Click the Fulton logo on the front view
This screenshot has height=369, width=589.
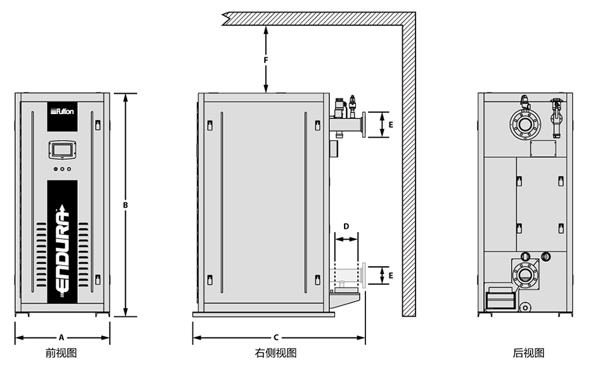(62, 112)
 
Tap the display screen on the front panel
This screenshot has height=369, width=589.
(62, 150)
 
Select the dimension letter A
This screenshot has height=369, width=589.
(61, 337)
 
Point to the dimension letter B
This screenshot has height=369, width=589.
(125, 205)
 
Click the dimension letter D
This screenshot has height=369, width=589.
(346, 226)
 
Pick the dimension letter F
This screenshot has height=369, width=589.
(267, 60)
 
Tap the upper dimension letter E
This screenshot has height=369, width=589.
(391, 125)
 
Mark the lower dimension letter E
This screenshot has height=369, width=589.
(391, 276)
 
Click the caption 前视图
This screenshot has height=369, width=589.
(61, 353)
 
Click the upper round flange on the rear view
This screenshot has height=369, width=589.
(525, 124)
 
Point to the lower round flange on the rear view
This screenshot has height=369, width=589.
(525, 275)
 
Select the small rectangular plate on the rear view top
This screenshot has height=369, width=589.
(542, 148)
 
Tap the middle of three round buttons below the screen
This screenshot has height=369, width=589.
(62, 169)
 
